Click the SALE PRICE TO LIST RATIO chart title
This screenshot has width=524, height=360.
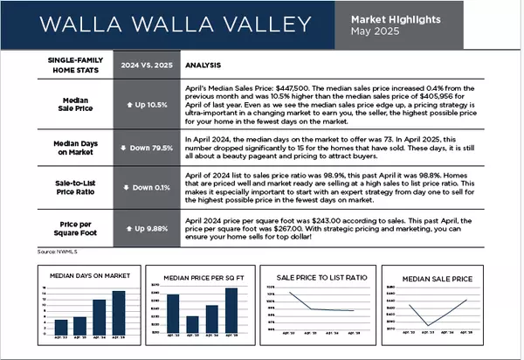coord(321,277)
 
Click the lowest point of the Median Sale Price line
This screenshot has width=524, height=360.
coord(428,325)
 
